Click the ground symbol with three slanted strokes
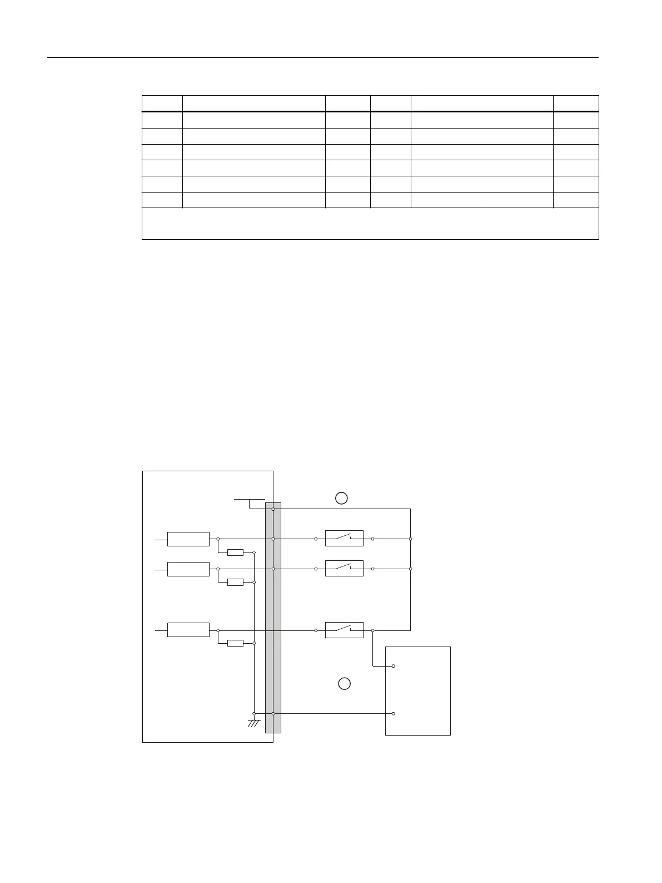coord(254,723)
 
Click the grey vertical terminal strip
coord(273,618)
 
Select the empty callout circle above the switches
coord(341,498)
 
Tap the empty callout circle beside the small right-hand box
coord(345,683)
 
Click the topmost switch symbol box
coord(344,539)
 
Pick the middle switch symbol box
coord(344,569)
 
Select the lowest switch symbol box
coord(344,630)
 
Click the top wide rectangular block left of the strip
coord(188,539)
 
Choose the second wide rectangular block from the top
coord(188,569)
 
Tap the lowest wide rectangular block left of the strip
coord(188,630)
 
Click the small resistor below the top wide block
coord(236,553)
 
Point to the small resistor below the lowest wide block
coord(236,643)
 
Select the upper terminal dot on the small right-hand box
coord(394,666)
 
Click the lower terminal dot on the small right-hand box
coord(394,713)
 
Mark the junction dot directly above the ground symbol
coord(254,713)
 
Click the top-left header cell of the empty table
coord(162,103)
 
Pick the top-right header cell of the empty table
coord(576,103)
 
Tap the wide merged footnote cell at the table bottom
coord(370,224)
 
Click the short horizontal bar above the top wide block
coord(249,500)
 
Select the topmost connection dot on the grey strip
coord(273,509)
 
